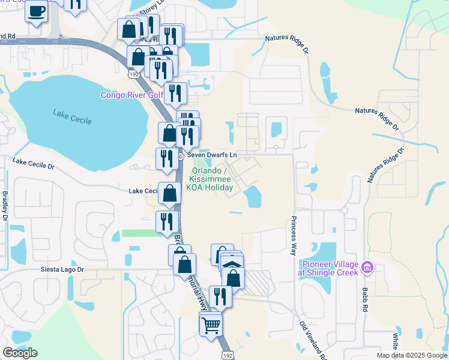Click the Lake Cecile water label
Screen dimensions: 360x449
[x=72, y=117]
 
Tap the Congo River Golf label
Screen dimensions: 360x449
[x=131, y=95]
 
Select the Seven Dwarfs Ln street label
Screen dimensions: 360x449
[x=212, y=155]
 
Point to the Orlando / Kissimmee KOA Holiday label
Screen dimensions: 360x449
[x=211, y=179]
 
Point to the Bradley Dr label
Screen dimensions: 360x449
[x=5, y=205]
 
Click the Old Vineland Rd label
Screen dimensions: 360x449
[x=313, y=340]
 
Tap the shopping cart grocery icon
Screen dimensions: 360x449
[x=211, y=326]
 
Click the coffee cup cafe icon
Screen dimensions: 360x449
[x=36, y=11]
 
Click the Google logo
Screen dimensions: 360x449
[x=20, y=353]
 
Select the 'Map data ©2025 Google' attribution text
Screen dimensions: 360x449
[x=411, y=355]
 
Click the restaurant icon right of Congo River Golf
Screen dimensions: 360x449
[x=175, y=93]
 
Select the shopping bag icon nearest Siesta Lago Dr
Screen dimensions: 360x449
[x=185, y=263]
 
